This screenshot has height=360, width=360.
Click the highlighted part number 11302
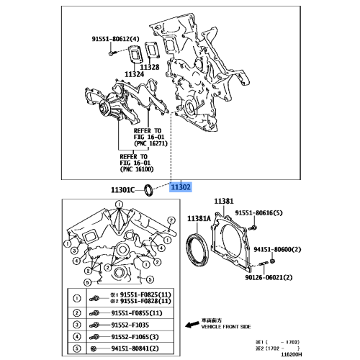(181, 186)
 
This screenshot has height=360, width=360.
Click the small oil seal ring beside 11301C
(149, 190)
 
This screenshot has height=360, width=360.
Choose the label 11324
(134, 73)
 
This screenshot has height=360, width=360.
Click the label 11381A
(199, 217)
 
